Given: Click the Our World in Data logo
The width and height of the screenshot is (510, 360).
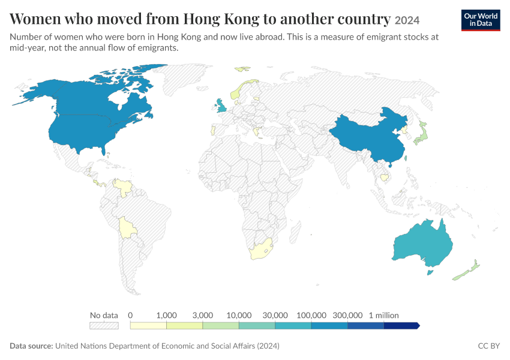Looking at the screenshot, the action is click(481, 20).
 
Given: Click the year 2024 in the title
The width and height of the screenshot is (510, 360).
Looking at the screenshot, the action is click(407, 20).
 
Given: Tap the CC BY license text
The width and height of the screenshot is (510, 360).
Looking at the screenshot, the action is click(488, 346).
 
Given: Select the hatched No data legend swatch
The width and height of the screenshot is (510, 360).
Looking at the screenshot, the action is click(104, 326).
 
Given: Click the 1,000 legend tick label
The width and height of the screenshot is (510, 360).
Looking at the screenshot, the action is click(166, 315).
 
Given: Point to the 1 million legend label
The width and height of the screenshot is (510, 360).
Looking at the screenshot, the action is click(383, 315).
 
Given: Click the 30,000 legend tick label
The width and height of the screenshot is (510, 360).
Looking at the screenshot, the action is click(275, 315).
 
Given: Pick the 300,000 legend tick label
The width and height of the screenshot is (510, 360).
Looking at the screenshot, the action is click(347, 315).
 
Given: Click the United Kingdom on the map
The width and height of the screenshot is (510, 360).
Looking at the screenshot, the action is click(221, 106).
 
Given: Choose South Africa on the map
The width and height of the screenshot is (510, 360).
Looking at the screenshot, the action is click(261, 250).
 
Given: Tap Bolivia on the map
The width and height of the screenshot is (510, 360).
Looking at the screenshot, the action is click(127, 228).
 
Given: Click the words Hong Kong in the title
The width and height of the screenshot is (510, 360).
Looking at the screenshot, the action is click(221, 19).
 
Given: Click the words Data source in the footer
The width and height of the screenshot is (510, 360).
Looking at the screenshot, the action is click(31, 346).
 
